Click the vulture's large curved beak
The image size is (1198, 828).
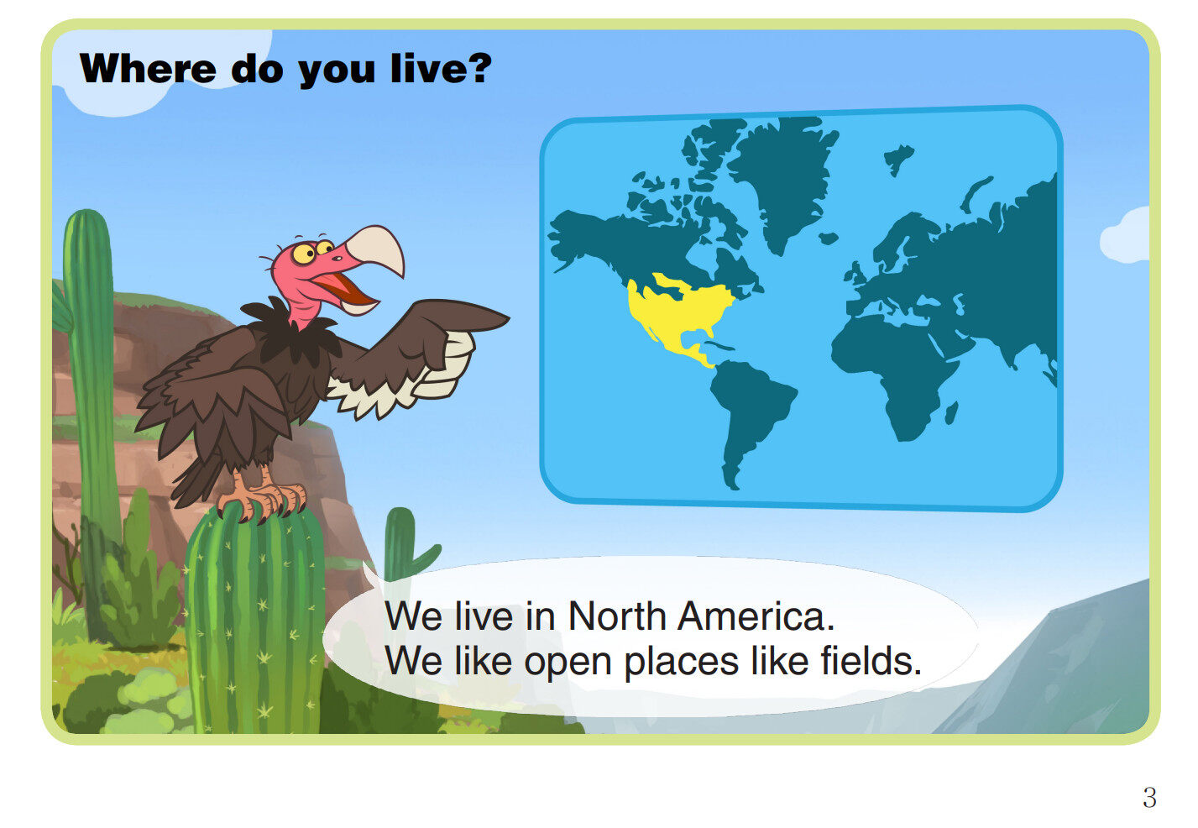(377, 249)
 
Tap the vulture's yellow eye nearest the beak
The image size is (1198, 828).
(324, 247)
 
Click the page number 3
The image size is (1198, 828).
(1149, 798)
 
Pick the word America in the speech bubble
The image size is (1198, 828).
(756, 616)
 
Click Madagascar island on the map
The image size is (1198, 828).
(951, 413)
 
